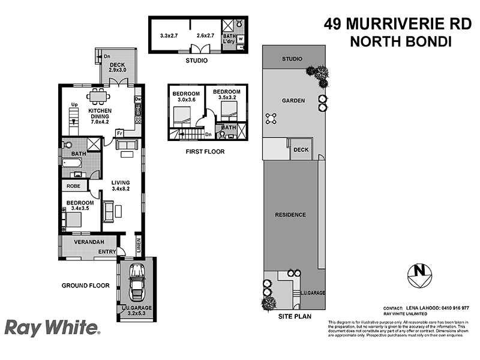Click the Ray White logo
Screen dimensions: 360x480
52,328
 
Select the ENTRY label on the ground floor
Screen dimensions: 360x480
107,252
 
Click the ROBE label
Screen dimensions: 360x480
73,186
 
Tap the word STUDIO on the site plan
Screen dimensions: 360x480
292,59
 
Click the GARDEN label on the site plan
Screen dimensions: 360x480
294,101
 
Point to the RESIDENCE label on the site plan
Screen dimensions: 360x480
290,215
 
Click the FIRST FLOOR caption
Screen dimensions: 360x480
205,152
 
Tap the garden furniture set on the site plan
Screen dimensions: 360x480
272,117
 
